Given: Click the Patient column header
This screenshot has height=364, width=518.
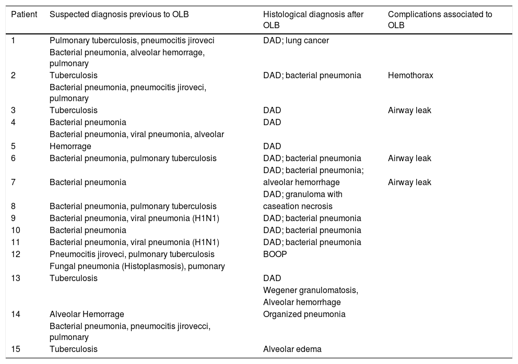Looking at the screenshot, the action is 24,15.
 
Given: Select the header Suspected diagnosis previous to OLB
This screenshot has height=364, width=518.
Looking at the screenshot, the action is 119,15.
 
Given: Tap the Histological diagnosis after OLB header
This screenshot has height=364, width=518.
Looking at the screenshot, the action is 313,19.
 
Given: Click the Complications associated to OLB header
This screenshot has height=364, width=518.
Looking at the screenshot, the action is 440,19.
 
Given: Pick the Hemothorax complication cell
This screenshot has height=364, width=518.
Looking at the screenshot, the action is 410,75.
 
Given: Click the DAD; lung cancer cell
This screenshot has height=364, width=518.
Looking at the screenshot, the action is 296,40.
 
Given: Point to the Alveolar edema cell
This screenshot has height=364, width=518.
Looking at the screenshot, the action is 292,349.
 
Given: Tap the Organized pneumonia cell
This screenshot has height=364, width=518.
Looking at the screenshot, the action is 304,314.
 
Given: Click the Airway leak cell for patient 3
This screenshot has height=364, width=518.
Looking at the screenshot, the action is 409,110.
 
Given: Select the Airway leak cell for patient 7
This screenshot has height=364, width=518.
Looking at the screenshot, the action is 409,182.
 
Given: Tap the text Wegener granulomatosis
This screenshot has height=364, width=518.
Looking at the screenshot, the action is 310,290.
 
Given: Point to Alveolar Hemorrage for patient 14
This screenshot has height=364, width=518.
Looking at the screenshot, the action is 87,314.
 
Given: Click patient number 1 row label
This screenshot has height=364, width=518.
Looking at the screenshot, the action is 14,40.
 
